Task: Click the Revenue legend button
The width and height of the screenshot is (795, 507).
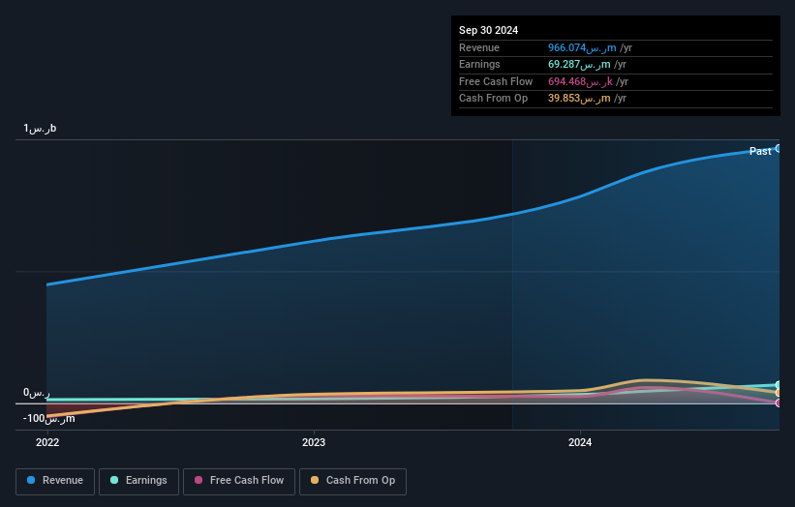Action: click(x=55, y=481)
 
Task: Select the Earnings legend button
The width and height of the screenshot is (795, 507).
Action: click(x=138, y=481)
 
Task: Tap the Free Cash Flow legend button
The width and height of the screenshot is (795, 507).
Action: click(x=238, y=481)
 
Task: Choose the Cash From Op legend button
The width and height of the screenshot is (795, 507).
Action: click(x=352, y=481)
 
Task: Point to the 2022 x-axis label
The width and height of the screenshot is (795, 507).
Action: click(x=47, y=443)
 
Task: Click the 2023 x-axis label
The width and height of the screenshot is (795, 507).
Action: click(x=314, y=443)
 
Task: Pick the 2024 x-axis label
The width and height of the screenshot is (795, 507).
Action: click(x=580, y=443)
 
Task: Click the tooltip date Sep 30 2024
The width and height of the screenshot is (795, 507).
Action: click(x=489, y=30)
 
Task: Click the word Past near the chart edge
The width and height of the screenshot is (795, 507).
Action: click(x=760, y=151)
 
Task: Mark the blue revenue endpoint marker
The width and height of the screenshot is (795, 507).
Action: click(x=779, y=148)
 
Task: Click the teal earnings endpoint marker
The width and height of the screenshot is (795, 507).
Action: click(x=779, y=385)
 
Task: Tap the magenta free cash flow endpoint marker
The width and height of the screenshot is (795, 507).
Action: click(x=779, y=403)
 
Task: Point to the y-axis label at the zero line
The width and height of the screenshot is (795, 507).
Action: click(x=36, y=394)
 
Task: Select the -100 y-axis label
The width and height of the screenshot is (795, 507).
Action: click(x=48, y=418)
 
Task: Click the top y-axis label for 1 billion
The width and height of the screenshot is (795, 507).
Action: click(x=40, y=129)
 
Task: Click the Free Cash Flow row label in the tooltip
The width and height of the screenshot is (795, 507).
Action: click(x=495, y=81)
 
